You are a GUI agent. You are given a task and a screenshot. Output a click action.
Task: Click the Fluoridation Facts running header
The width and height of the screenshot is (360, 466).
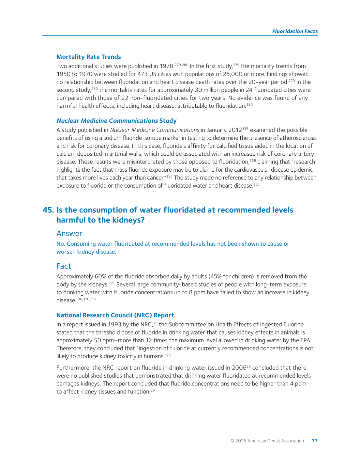coord(295,31)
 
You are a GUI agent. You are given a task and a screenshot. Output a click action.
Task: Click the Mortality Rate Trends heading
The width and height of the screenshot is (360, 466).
coord(89,57)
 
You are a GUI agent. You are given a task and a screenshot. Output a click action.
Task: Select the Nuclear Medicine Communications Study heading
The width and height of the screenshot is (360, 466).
coord(116,121)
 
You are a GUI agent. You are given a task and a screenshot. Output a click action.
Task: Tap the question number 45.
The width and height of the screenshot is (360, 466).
coord(48,210)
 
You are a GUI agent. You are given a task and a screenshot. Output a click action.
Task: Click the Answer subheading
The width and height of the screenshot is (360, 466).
coord(69,233)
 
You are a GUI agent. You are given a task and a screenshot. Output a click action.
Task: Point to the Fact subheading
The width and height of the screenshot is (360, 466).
coord(64,266)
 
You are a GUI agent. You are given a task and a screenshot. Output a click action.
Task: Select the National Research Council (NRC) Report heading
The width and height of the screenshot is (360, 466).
coord(115,315)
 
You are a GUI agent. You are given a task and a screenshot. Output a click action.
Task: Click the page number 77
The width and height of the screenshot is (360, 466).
coord(315,441)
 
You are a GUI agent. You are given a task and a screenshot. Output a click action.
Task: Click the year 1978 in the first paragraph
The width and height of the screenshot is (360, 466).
coord(167,66)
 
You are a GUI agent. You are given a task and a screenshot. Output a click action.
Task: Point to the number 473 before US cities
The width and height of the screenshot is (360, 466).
coord(142,74)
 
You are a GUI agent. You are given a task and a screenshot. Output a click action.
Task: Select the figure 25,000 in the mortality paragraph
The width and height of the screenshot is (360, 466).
coord(232,74)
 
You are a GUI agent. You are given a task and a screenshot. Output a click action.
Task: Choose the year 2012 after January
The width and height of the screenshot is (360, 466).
coord(235,130)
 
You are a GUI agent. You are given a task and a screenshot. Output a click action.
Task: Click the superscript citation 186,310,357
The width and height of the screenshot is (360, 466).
coord(86,299)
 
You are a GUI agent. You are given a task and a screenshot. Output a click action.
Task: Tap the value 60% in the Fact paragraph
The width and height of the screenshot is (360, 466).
coord(100,276)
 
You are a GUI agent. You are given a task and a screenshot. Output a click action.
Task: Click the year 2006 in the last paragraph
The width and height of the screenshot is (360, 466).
coord(239,368)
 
